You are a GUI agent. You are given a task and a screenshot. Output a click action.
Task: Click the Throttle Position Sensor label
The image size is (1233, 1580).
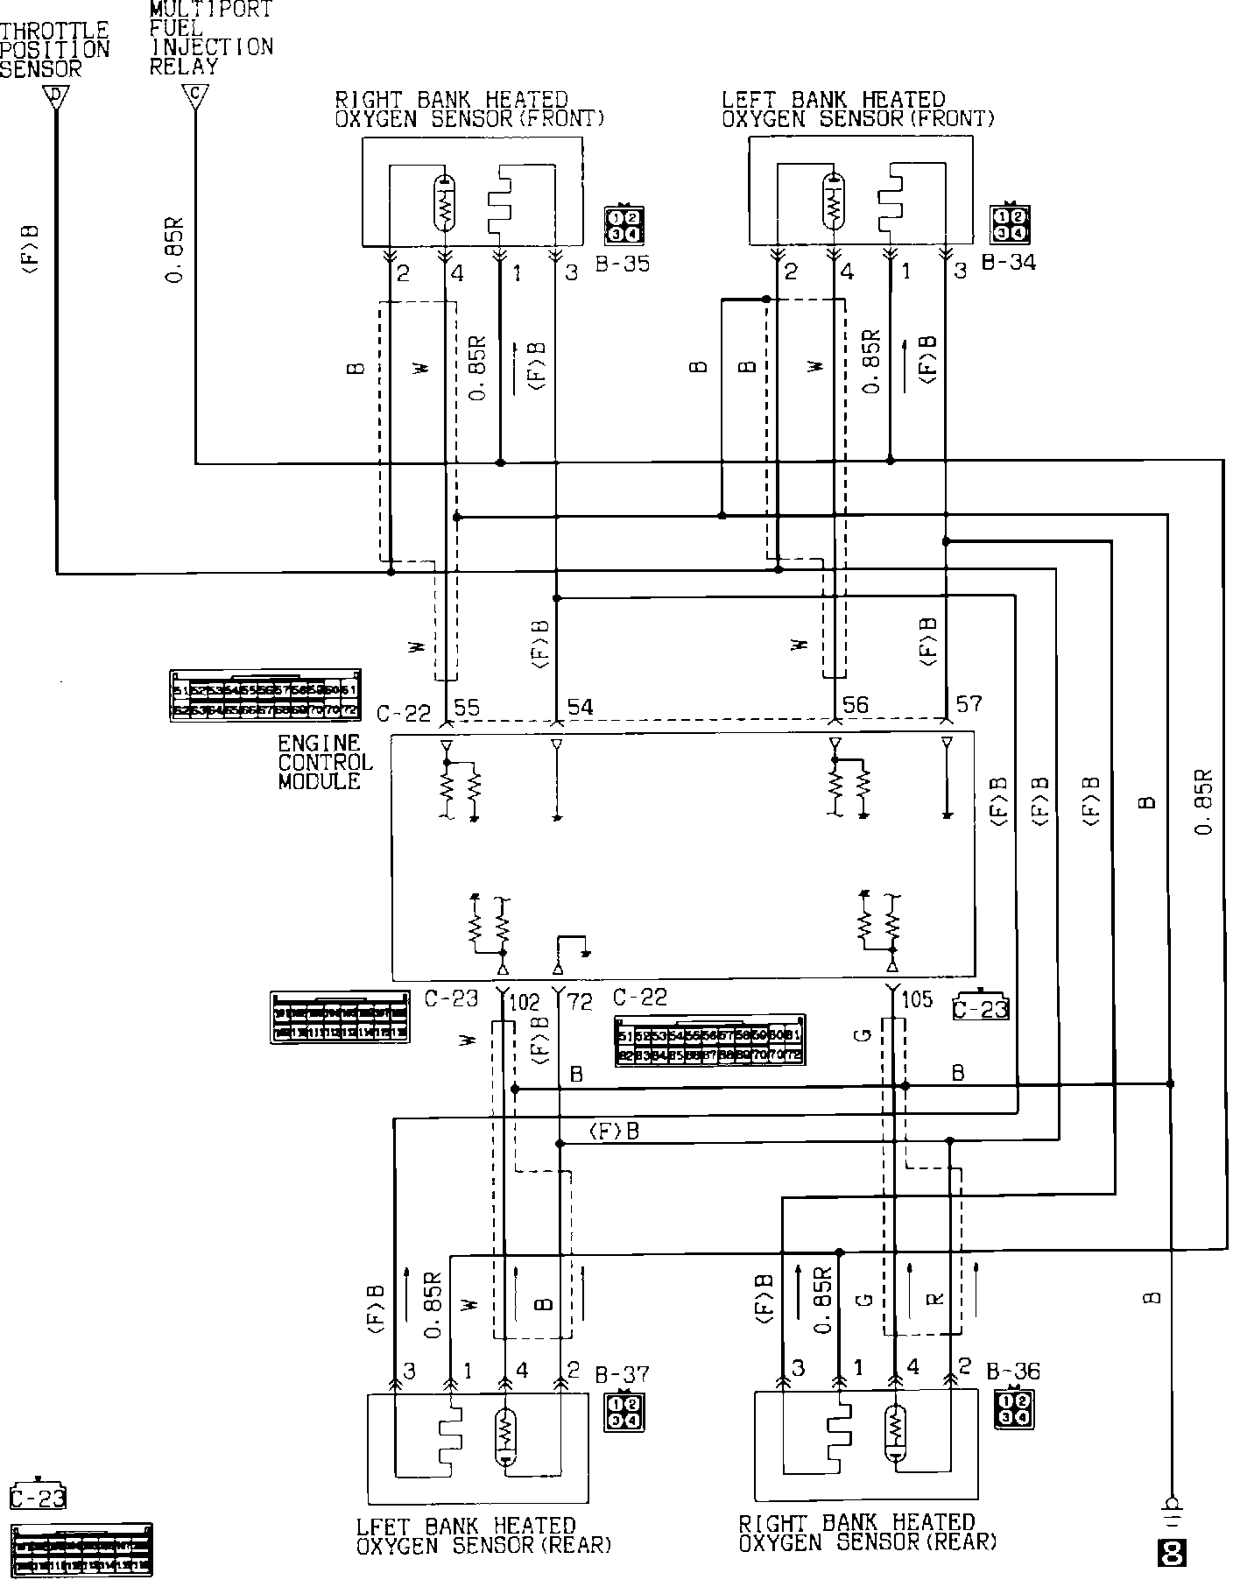(x=54, y=49)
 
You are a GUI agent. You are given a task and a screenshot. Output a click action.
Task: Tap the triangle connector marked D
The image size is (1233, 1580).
(x=55, y=96)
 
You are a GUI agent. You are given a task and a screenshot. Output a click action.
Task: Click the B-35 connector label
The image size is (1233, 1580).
(x=623, y=263)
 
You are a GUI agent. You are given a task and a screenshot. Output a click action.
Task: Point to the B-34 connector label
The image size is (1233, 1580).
(x=1008, y=261)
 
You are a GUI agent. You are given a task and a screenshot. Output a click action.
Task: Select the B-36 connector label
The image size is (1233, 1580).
(x=1012, y=1371)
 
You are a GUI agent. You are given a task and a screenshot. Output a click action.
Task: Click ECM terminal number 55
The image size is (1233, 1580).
(x=468, y=707)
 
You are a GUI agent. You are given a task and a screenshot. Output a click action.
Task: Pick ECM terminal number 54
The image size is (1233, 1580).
(x=580, y=707)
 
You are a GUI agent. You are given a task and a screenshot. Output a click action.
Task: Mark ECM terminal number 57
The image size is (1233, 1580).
(x=969, y=703)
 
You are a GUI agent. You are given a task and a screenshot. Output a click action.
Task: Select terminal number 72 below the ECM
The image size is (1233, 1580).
(x=581, y=999)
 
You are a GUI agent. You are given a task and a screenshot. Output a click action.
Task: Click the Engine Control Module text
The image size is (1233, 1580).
(x=325, y=762)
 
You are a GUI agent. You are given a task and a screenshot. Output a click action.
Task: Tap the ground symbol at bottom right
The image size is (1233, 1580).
(x=1170, y=1501)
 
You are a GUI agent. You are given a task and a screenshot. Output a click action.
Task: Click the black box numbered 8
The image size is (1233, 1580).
(x=1171, y=1553)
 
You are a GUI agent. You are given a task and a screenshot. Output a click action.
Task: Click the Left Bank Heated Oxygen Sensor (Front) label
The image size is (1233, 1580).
(x=857, y=109)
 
